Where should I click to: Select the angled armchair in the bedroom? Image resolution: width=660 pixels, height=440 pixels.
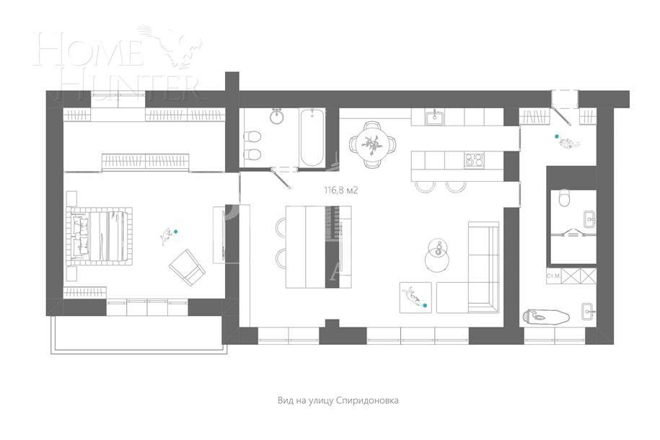[186, 266]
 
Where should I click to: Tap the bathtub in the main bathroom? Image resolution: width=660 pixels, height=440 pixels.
[312, 137]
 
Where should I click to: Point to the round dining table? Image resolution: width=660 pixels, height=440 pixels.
[373, 143]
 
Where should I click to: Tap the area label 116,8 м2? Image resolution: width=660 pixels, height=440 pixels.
[342, 191]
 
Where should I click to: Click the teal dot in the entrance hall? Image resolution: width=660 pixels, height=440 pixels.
[556, 136]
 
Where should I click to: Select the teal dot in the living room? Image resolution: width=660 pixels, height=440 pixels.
[425, 306]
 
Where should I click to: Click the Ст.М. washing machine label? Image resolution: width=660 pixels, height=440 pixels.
[554, 276]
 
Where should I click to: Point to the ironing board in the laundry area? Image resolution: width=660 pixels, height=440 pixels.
[545, 315]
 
